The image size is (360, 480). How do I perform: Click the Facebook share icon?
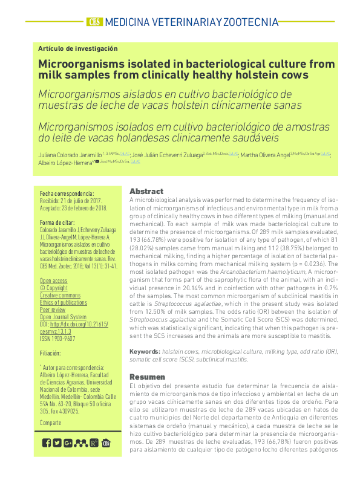coord(47,443)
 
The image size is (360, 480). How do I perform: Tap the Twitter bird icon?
coord(57,443)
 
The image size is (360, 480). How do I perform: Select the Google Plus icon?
coord(68,443)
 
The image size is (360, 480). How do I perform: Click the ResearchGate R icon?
coord(94,443)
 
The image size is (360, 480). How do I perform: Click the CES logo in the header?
coord(94,22)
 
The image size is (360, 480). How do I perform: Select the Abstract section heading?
coord(146,191)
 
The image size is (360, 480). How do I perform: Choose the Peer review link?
coord(53,309)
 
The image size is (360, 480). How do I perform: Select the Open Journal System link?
coord(63,316)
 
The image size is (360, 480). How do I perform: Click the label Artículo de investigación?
coord(77,48)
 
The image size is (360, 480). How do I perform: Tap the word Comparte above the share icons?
coord(50,423)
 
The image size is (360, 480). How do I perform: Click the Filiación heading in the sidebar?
coord(50,352)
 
